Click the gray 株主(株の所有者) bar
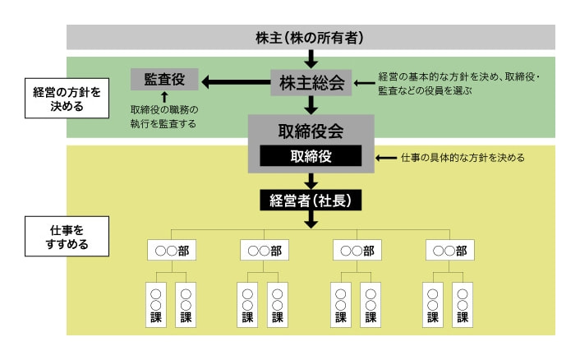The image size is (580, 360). point(311,37)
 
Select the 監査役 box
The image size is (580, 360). point(163,80)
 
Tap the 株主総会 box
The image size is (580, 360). point(311,82)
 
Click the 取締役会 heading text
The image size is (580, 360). point(311,131)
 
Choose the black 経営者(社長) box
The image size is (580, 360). point(311,199)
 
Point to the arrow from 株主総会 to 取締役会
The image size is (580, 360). point(311,104)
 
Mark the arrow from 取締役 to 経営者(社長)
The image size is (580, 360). point(311,180)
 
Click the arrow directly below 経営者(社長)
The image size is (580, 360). point(311,219)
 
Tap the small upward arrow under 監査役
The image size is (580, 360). point(164,97)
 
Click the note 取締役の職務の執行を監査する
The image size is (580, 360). point(164,116)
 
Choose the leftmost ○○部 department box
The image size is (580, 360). point(172,250)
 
